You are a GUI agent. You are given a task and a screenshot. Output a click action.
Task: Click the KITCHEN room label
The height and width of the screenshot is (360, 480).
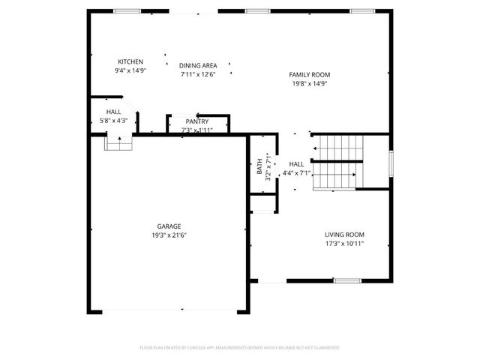tap(130, 61)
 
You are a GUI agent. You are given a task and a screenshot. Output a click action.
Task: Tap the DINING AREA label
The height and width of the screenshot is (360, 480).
tap(198, 66)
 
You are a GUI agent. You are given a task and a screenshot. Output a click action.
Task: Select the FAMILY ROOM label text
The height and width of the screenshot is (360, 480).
tap(310, 74)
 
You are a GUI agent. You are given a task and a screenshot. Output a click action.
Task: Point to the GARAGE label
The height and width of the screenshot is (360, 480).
tap(169, 226)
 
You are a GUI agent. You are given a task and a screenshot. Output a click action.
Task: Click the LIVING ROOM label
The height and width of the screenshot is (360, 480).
tap(345, 234)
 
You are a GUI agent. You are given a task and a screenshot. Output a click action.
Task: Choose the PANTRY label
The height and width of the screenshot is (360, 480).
tap(197, 121)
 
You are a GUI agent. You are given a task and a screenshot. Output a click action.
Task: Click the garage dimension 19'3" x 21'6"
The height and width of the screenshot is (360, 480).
tap(169, 235)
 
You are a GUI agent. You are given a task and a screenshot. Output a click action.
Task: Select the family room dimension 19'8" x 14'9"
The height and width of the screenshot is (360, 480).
tap(310, 83)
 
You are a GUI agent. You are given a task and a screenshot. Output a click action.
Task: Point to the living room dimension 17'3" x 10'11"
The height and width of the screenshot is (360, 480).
tap(345, 243)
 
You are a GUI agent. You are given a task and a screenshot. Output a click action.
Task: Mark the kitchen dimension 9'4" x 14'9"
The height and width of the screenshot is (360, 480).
tap(130, 70)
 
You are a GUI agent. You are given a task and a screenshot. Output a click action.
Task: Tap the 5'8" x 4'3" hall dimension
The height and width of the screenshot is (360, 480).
tap(113, 120)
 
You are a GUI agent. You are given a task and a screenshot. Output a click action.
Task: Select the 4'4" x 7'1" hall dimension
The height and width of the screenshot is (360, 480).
tap(296, 173)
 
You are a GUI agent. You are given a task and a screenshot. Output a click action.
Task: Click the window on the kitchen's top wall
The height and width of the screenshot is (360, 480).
tap(127, 10)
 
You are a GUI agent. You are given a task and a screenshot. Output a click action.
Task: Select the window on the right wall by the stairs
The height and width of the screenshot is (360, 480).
tap(390, 163)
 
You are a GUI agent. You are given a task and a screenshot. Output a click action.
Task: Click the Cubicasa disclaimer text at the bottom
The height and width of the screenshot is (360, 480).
tap(240, 348)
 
